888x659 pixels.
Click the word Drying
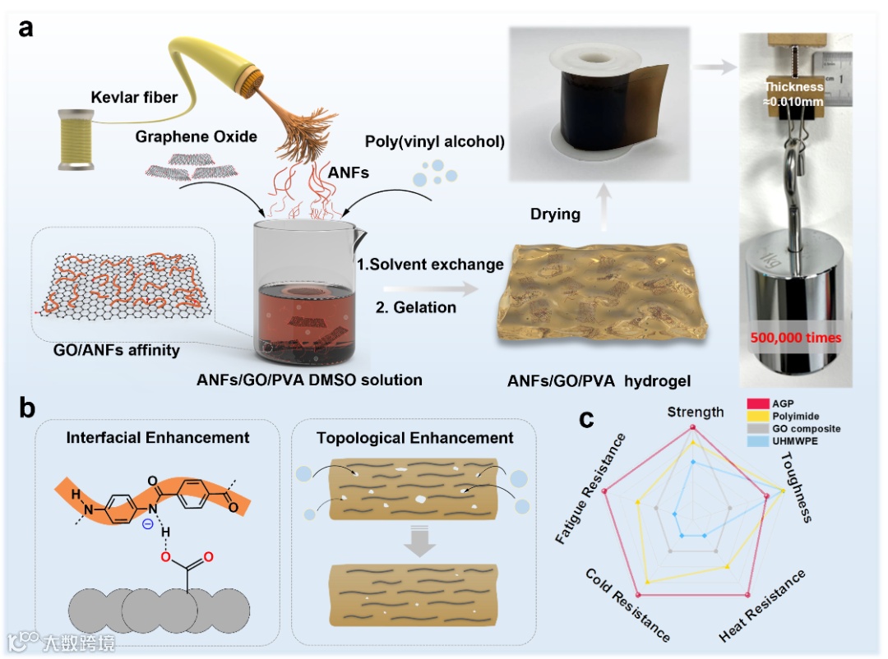point(554,214)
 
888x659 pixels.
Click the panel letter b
point(27,408)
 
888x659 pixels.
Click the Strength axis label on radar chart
point(695,412)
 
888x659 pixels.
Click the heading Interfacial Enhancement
point(158,438)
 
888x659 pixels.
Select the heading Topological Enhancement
point(414,438)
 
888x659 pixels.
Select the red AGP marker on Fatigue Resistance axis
point(606,491)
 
